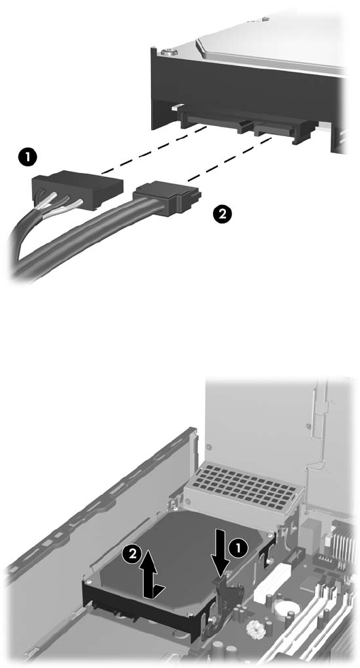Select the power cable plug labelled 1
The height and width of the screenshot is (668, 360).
(x=78, y=189)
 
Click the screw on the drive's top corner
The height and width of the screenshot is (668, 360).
(x=169, y=52)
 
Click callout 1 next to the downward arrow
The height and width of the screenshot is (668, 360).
(x=238, y=549)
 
